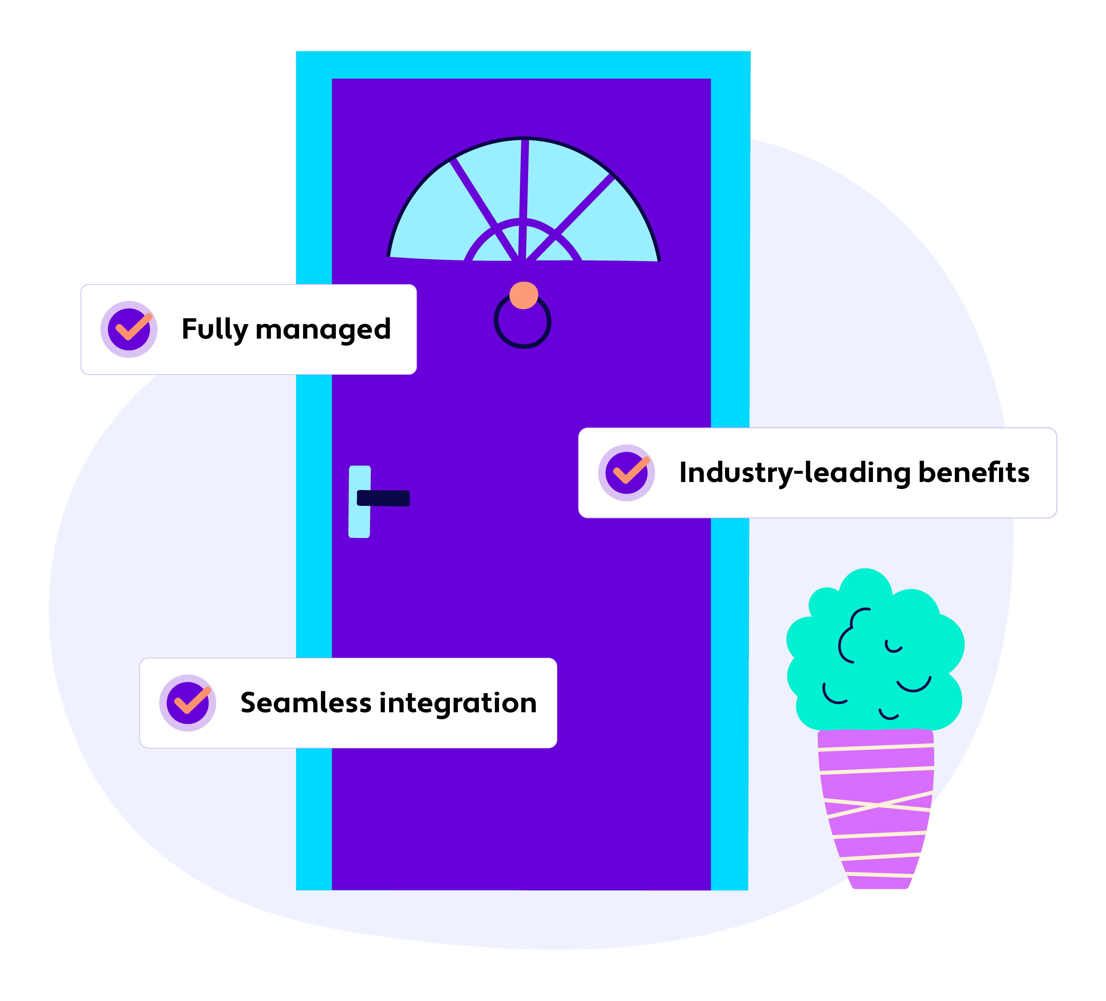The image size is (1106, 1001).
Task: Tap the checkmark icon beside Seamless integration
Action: click(188, 702)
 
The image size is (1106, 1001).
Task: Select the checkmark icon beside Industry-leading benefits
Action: click(626, 472)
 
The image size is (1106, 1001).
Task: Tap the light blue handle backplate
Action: click(359, 521)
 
